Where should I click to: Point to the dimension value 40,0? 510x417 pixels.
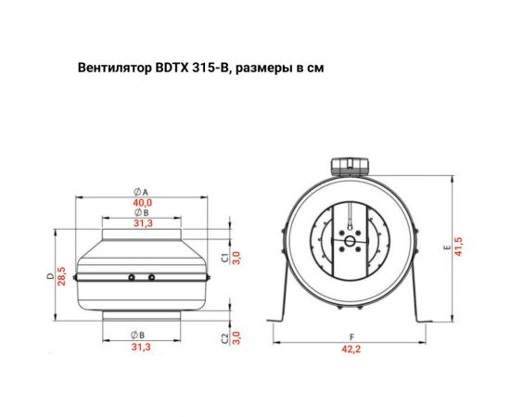[142, 202]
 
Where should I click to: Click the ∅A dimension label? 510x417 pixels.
[142, 191]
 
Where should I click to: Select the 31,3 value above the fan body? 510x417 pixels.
[142, 222]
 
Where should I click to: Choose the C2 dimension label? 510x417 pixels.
[225, 335]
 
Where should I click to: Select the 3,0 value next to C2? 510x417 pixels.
[237, 335]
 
